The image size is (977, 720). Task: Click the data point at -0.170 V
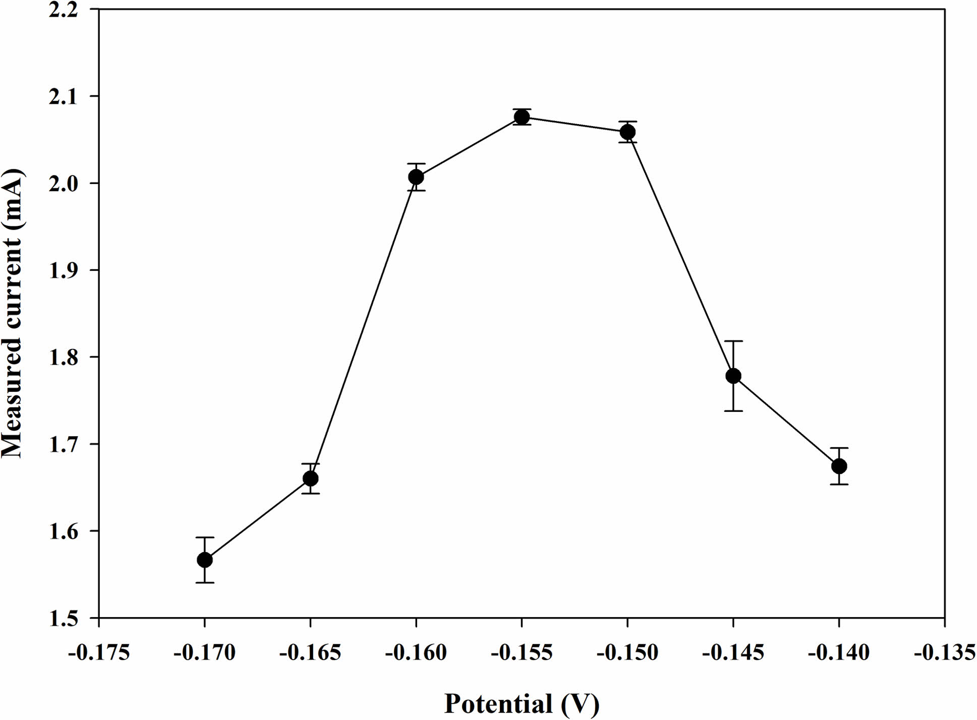click(205, 560)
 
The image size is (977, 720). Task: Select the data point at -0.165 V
click(311, 478)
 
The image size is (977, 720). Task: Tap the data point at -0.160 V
click(416, 177)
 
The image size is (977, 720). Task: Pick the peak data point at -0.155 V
click(522, 117)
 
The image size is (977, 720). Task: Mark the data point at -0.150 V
click(627, 132)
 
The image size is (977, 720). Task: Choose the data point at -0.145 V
click(733, 376)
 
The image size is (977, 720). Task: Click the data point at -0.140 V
click(839, 466)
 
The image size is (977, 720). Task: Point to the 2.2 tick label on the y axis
click(64, 10)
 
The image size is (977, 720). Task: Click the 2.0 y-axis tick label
click(64, 184)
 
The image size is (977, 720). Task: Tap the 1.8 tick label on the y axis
click(64, 357)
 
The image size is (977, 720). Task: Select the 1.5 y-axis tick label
click(64, 619)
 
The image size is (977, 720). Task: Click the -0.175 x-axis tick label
click(99, 653)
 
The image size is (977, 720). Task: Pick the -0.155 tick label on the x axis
click(522, 653)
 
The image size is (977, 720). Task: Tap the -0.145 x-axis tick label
click(733, 653)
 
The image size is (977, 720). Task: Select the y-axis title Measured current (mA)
click(13, 314)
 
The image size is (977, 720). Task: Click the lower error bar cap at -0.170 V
click(205, 582)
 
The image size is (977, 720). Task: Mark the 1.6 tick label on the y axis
click(64, 531)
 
